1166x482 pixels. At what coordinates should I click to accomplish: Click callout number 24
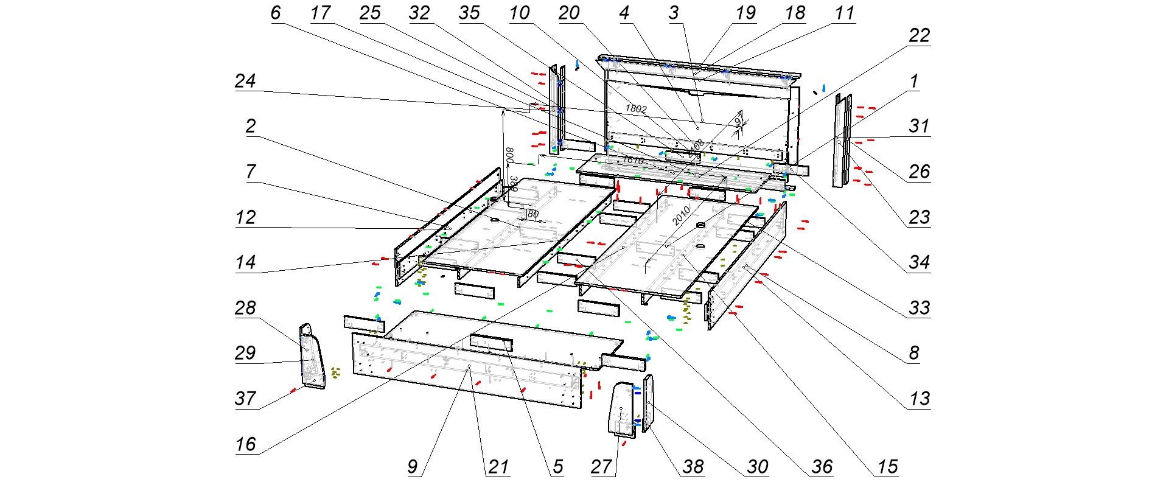(245, 81)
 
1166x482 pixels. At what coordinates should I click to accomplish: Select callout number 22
(919, 36)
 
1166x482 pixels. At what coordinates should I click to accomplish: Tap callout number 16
(245, 444)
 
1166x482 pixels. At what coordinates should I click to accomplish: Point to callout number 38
(693, 467)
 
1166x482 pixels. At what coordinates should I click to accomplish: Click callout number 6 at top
(276, 13)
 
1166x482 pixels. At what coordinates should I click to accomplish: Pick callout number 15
(887, 467)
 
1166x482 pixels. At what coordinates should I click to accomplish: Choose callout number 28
(245, 308)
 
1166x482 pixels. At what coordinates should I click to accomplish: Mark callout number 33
(919, 308)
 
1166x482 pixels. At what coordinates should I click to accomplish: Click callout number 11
(845, 13)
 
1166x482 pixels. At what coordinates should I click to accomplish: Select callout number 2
(250, 126)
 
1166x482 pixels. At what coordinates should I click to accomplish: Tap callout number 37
(245, 399)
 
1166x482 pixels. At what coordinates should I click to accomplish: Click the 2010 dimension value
(680, 214)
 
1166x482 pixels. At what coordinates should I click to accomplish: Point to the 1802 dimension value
(635, 109)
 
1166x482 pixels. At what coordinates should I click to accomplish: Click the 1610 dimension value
(633, 160)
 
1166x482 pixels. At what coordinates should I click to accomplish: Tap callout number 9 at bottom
(413, 467)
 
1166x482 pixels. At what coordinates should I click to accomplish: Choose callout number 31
(919, 126)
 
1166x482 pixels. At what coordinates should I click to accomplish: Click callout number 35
(469, 13)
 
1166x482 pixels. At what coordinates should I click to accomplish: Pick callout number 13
(919, 399)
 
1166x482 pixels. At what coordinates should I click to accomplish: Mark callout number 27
(601, 467)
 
